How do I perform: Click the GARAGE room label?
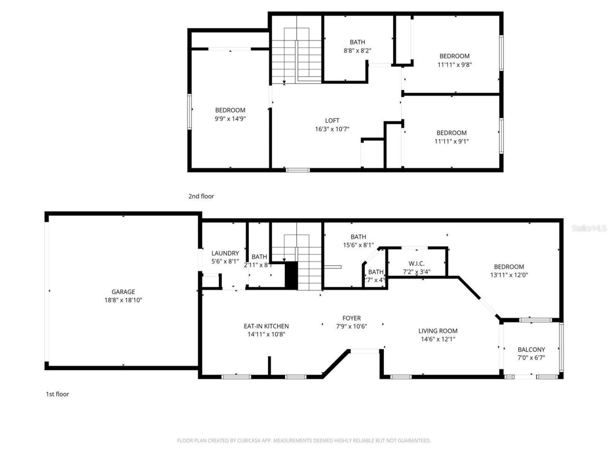(x=123, y=292)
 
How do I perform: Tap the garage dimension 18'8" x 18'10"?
(x=123, y=300)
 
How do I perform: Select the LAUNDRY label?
(x=225, y=253)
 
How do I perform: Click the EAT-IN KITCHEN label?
(x=266, y=326)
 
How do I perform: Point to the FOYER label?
(x=351, y=318)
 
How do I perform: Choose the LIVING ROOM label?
(x=437, y=331)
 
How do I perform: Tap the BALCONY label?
(x=531, y=349)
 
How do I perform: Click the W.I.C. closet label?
(x=416, y=264)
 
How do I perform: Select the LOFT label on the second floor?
(x=332, y=121)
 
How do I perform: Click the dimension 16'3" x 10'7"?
(x=332, y=129)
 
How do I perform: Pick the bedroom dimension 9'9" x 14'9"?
(x=230, y=119)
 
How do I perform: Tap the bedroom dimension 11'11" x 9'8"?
(x=454, y=65)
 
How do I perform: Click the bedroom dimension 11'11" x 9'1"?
(x=451, y=141)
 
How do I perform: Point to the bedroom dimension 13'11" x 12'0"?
(x=509, y=275)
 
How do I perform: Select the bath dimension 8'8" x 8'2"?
(x=357, y=50)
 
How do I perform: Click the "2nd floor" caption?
(x=201, y=196)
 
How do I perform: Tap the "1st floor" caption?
(x=57, y=394)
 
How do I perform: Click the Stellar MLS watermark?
(x=589, y=228)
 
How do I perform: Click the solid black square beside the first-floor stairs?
(x=291, y=275)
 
